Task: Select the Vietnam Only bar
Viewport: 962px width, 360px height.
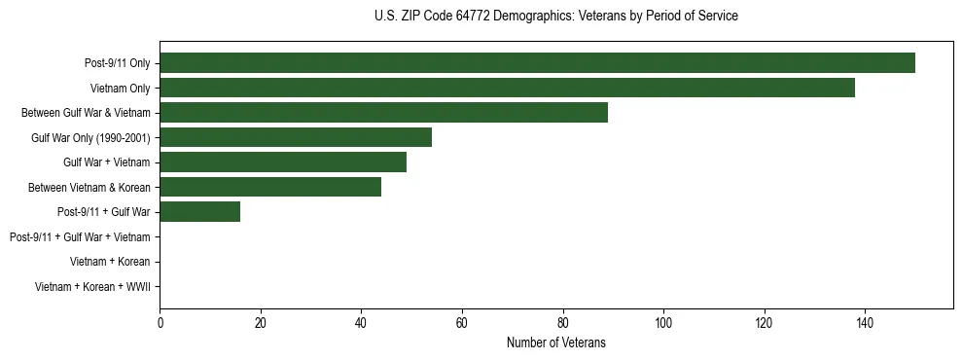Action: pyautogui.click(x=507, y=88)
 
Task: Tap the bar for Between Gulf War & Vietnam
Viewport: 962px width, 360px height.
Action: pyautogui.click(x=383, y=113)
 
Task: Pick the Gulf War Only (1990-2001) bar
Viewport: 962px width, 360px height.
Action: pyautogui.click(x=296, y=137)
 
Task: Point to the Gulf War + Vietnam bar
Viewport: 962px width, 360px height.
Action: pyautogui.click(x=283, y=162)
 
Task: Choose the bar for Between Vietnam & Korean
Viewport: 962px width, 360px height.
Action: pyautogui.click(x=270, y=187)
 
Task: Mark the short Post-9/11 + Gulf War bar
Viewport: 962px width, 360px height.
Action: pyautogui.click(x=199, y=211)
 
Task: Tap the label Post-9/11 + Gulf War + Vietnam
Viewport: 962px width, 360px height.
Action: pyautogui.click(x=80, y=236)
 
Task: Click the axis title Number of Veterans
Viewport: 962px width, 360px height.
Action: pyautogui.click(x=555, y=342)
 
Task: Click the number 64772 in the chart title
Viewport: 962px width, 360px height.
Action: pyautogui.click(x=473, y=17)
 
